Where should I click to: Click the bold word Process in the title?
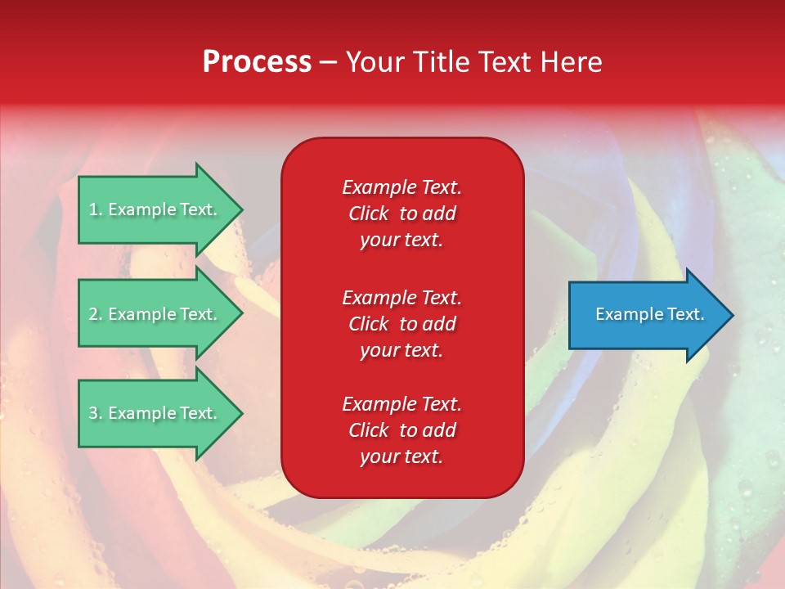click(x=257, y=62)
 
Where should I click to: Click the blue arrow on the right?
click(x=646, y=315)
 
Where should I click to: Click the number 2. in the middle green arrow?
click(x=96, y=314)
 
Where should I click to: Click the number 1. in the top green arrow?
click(x=96, y=209)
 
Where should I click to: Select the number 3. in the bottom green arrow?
click(x=96, y=413)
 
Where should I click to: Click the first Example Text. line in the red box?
click(x=401, y=187)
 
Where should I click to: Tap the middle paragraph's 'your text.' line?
click(x=401, y=350)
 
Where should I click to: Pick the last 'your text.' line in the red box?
click(x=401, y=456)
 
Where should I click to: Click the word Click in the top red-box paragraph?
click(x=368, y=214)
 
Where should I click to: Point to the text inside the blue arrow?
click(x=649, y=314)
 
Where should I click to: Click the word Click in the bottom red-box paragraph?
click(x=368, y=430)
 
